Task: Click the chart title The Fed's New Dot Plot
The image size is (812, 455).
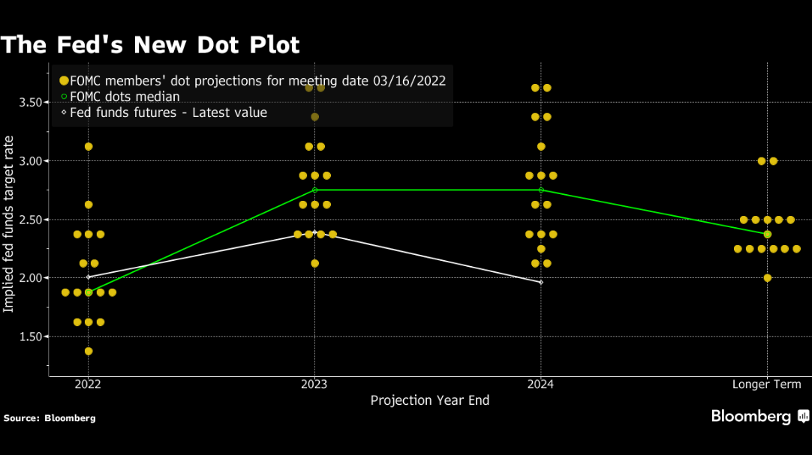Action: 150,44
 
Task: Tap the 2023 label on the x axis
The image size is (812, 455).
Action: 314,385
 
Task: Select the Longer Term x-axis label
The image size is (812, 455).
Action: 766,385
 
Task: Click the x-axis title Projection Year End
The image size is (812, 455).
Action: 429,400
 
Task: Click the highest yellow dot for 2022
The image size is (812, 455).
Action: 89,146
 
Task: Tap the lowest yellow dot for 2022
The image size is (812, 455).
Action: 89,351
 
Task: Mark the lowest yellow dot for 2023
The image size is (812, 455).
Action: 314,263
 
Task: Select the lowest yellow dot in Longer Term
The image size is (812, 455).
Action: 767,277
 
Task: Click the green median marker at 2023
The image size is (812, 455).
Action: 314,190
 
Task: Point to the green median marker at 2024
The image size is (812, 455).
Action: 541,190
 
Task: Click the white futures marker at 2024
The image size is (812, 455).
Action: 541,282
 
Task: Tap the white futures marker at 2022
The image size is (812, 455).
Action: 89,277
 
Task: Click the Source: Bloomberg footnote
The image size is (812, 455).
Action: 50,418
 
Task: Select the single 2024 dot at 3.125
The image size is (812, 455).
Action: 541,146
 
